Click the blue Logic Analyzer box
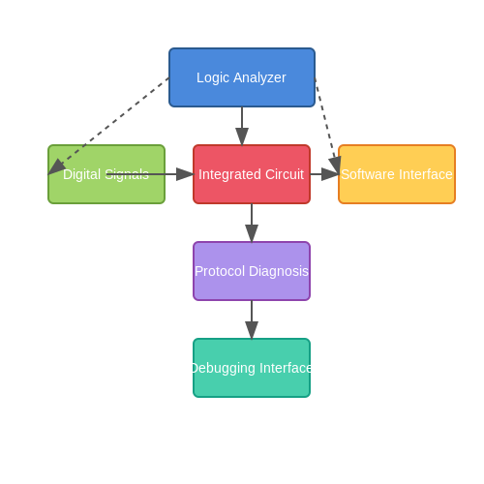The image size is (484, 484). tap(242, 77)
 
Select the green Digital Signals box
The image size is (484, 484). tap(106, 174)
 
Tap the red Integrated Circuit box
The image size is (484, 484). tap(252, 174)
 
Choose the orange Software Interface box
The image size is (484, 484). tap(397, 174)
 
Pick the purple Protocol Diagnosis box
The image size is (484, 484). tap(252, 271)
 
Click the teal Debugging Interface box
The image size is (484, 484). tap(252, 368)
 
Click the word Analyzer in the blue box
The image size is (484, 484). tap(259, 78)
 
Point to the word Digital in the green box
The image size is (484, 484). tap(82, 175)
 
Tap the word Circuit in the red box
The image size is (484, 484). tap(285, 174)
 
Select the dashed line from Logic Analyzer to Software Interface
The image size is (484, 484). tap(327, 126)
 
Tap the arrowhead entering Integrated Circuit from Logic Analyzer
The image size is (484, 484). tap(242, 136)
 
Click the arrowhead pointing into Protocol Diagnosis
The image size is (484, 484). tap(252, 233)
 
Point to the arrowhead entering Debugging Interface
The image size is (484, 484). tap(252, 330)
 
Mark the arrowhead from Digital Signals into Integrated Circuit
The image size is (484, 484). tap(185, 174)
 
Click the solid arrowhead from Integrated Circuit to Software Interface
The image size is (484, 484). tap(330, 174)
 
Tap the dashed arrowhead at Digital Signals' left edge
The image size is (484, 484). tap(56, 166)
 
